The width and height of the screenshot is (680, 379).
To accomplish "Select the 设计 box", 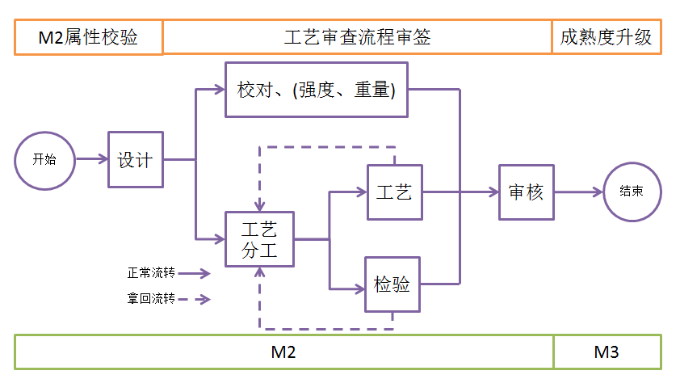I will point(136,159).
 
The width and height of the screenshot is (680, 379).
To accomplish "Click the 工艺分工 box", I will point(260,240).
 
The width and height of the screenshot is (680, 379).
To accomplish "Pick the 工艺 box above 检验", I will point(395,192).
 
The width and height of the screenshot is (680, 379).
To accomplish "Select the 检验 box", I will point(393,284).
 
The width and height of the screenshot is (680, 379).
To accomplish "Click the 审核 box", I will point(527,192).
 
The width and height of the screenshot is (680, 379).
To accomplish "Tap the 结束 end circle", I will point(632,192).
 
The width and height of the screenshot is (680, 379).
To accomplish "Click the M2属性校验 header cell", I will point(88,38).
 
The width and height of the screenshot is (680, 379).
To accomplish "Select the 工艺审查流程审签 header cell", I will point(357,38).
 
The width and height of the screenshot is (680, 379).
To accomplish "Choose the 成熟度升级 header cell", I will point(606,38).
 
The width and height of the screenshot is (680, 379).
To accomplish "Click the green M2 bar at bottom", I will point(283,352).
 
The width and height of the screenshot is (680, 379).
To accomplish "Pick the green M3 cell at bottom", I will point(607,352).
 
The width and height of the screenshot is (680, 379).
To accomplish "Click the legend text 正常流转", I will point(151,273).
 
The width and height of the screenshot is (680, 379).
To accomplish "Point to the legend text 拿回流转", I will point(151,299).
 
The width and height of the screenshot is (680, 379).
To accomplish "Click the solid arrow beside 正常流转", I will point(197,274).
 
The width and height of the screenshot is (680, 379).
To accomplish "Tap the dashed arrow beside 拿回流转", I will point(197,300).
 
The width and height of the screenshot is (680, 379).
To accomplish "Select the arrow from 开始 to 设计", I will point(91,160).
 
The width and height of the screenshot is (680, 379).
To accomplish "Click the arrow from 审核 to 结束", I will point(579,192).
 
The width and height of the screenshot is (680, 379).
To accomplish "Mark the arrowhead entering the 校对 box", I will point(220,90).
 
